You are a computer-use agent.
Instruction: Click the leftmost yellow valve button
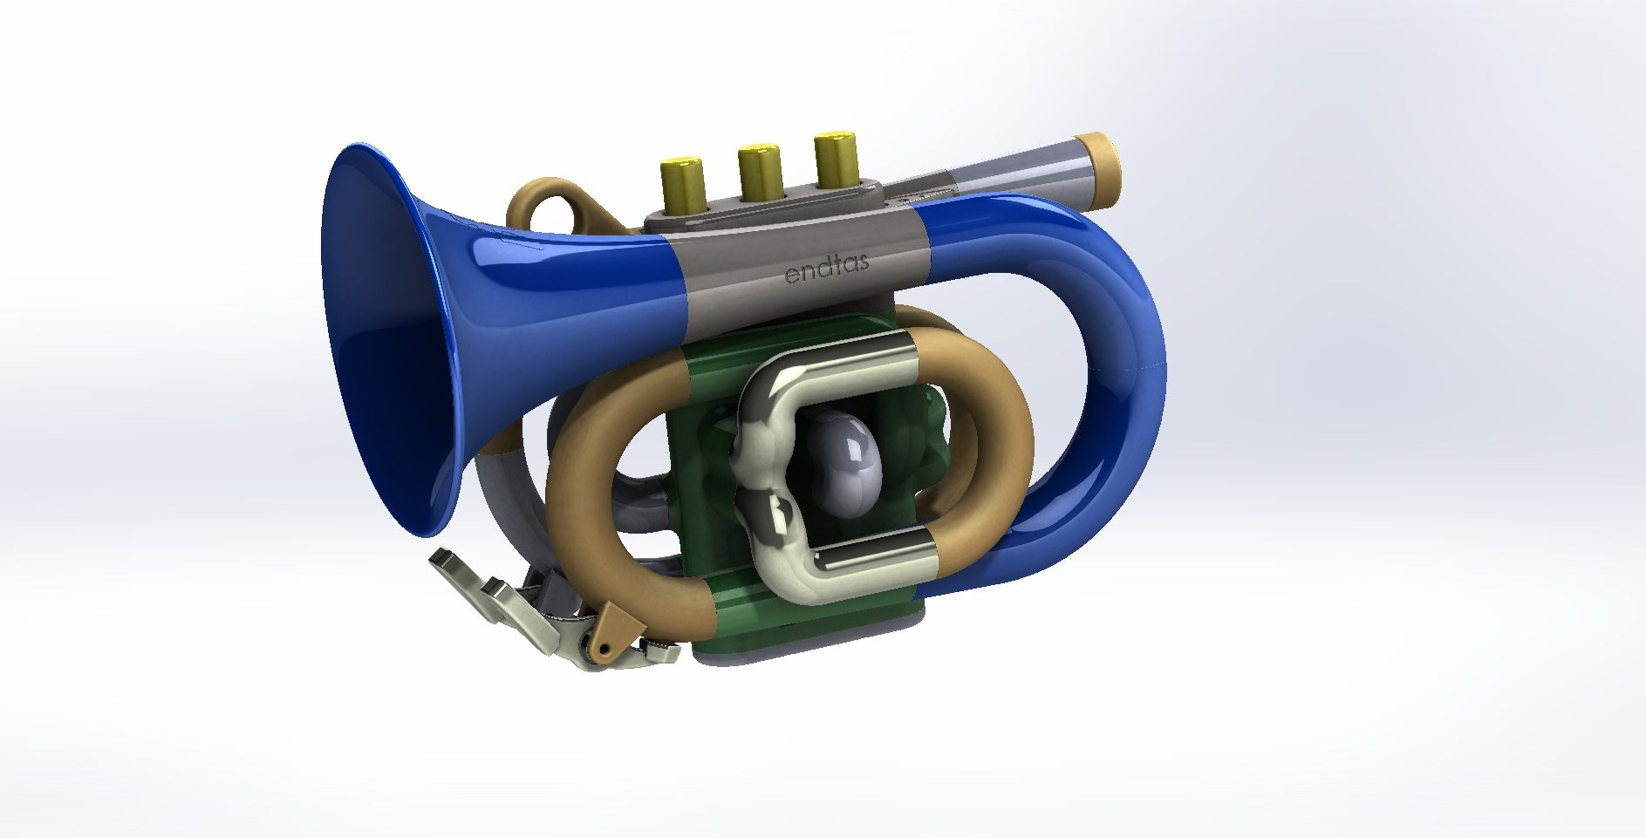pos(683,184)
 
